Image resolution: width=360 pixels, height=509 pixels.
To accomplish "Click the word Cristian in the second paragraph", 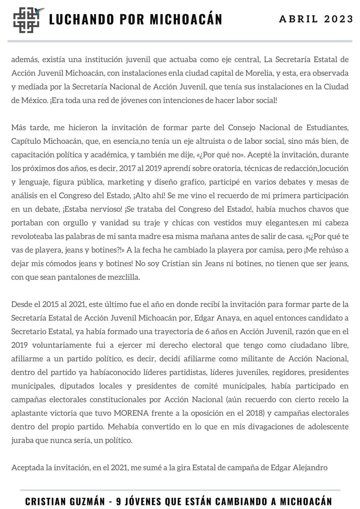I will [x=175, y=264].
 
